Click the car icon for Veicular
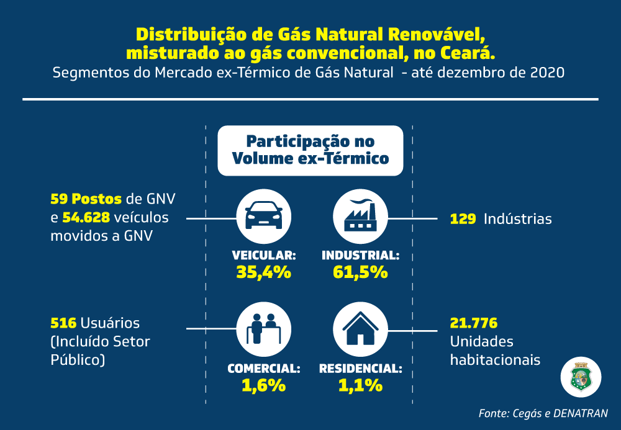(x=264, y=217)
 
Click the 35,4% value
(x=264, y=272)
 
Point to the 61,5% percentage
(x=360, y=272)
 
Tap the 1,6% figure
(x=264, y=385)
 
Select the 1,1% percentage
(x=360, y=385)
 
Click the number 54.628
(x=86, y=217)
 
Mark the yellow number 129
(x=463, y=219)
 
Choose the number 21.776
(x=474, y=323)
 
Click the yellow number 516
(x=63, y=323)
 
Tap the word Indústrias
(x=518, y=219)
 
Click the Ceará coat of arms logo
(x=581, y=377)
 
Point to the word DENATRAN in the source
(x=580, y=413)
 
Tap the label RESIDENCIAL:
(x=360, y=369)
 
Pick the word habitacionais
(x=496, y=360)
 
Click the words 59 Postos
(x=86, y=199)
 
